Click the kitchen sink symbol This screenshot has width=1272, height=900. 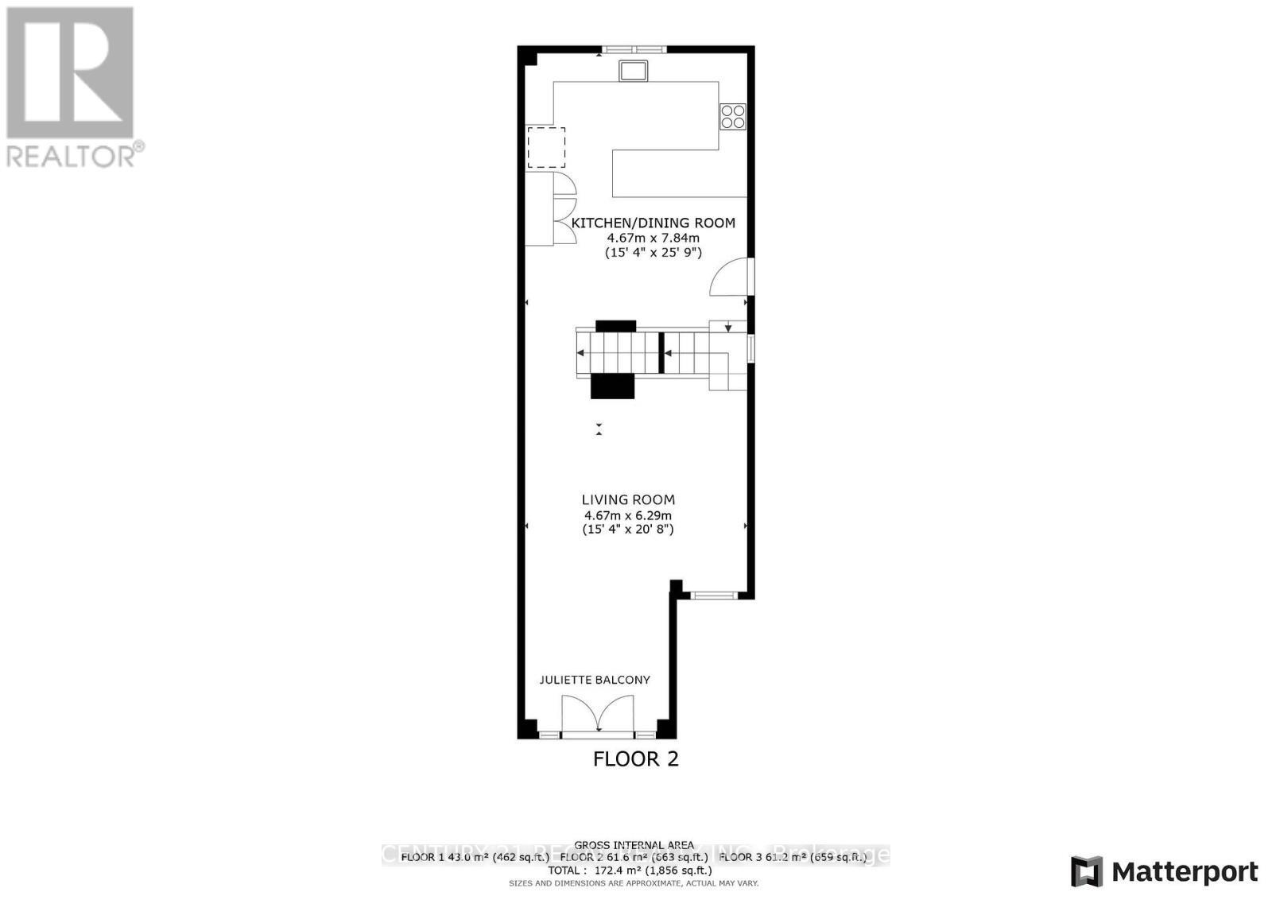(634, 71)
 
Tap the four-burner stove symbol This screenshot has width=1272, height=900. (732, 116)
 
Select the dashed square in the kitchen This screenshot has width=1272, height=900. (546, 147)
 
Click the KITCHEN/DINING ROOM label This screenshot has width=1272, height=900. (653, 223)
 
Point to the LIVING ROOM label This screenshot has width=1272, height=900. (628, 500)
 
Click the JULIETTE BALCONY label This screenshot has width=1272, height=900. (595, 680)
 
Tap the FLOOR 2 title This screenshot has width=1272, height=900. (636, 759)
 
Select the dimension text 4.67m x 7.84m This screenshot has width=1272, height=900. (653, 238)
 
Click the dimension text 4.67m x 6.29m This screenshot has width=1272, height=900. (628, 515)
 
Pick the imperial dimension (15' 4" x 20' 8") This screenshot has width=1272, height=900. (628, 530)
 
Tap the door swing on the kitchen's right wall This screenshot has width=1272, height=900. (730, 277)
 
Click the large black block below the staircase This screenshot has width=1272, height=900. (613, 386)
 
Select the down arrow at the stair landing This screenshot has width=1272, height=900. (727, 327)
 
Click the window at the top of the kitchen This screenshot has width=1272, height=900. (633, 49)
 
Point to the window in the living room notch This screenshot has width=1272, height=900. (712, 595)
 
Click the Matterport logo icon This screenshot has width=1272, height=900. (1087, 872)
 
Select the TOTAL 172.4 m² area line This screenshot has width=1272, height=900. (634, 871)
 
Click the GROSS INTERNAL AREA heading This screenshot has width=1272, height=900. (634, 845)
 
